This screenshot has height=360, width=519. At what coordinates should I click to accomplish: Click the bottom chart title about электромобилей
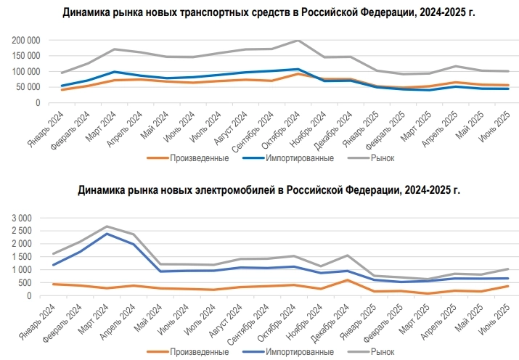[269, 190]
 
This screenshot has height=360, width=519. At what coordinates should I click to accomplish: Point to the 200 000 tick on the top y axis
[24, 41]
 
